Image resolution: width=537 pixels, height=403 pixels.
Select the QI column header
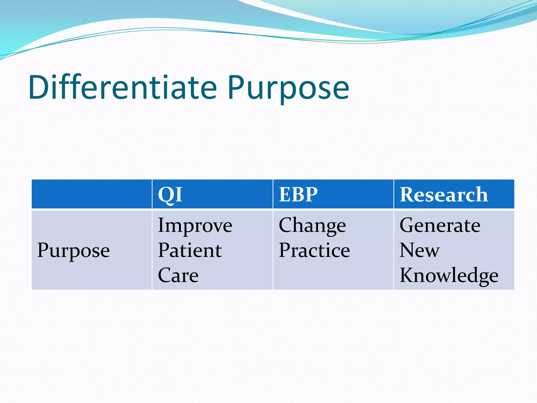170,195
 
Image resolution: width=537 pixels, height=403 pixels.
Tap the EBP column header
298,195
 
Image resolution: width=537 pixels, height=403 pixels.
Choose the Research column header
444,195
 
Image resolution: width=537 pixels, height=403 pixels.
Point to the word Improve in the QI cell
195,226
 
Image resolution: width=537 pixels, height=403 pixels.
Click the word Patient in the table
190,250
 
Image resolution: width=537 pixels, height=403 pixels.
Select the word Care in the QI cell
178,275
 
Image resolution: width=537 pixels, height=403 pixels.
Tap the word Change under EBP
312,226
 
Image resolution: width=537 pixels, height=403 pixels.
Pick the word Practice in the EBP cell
314,250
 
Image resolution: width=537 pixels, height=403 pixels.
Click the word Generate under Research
440,226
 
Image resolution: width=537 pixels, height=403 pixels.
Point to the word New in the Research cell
419,250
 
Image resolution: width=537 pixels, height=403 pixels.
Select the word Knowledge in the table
449,275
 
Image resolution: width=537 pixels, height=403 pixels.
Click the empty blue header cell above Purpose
92,194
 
